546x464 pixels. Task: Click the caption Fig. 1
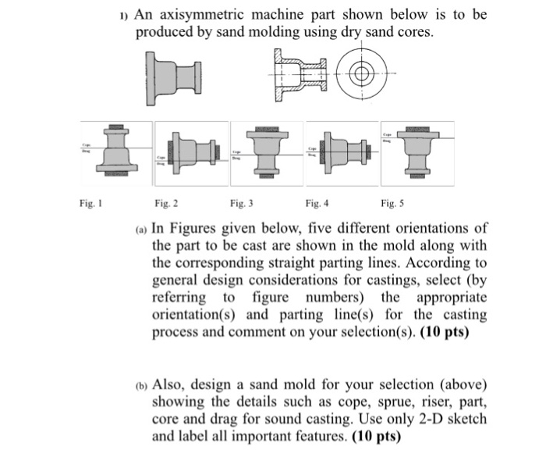[x=88, y=203]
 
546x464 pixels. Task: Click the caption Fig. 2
[x=166, y=203]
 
